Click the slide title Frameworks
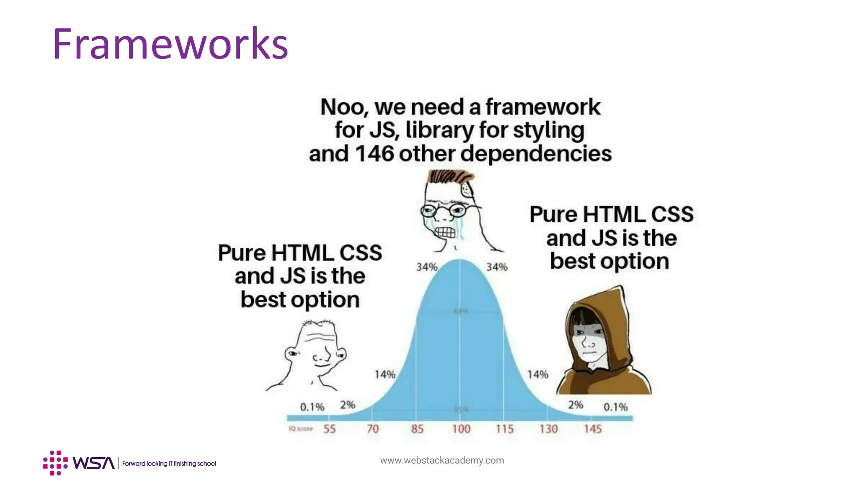(x=170, y=44)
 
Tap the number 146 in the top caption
(x=374, y=154)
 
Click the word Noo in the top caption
(x=342, y=107)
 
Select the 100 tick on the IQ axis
(x=461, y=429)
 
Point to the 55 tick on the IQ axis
(x=330, y=429)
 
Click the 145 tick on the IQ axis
(x=592, y=429)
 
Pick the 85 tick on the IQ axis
(x=417, y=429)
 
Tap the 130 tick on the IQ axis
(x=549, y=429)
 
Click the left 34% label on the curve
(x=427, y=267)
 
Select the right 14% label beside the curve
(x=538, y=374)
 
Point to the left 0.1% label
(x=312, y=407)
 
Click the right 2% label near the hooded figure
(x=575, y=405)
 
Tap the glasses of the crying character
(x=442, y=210)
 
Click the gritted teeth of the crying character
(x=445, y=232)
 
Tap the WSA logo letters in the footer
(x=93, y=463)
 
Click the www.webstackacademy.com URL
(x=442, y=460)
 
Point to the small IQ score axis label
(x=300, y=429)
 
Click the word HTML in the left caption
(x=303, y=253)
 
